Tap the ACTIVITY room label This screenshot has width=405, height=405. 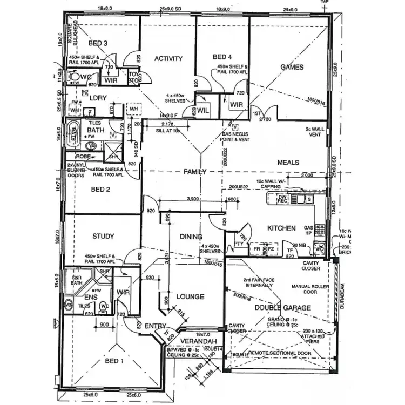(x=168, y=58)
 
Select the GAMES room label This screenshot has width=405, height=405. (x=292, y=67)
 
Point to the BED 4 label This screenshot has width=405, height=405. (x=222, y=57)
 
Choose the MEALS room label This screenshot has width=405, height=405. (x=288, y=162)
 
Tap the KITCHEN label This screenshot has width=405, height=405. (x=281, y=228)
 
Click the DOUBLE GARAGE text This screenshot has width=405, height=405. (x=282, y=307)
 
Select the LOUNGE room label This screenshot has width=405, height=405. (x=190, y=296)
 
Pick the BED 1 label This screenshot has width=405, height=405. (x=114, y=361)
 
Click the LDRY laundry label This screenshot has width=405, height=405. (x=98, y=98)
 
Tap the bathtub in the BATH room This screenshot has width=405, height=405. (x=74, y=132)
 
